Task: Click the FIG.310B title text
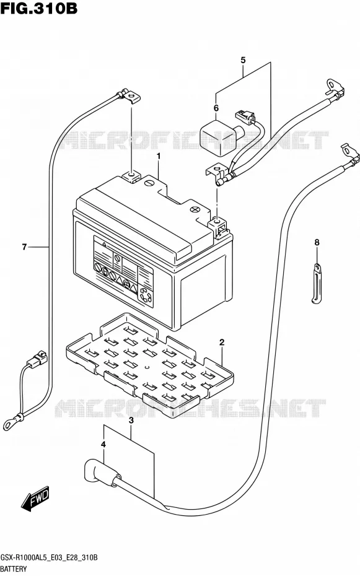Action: coord(38,9)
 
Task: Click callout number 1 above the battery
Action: coord(159,156)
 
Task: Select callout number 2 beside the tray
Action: coord(222,343)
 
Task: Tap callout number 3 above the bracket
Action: coord(131,421)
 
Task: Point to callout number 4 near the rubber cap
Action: coord(103,445)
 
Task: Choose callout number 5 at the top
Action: coord(243,60)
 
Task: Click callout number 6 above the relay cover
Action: coord(216,108)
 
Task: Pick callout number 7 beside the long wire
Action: coord(24,247)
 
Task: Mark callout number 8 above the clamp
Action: coord(317,242)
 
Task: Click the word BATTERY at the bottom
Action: coord(14,569)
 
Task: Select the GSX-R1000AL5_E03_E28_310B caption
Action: coord(49,557)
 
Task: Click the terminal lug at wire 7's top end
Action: coord(130,95)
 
